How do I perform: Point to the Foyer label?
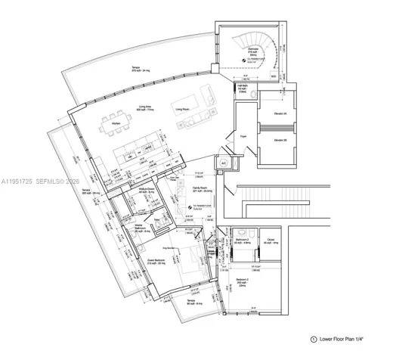click(x=244, y=137)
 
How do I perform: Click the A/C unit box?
click(x=224, y=162)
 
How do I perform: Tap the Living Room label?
click(x=182, y=109)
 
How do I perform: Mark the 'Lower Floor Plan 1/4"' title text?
click(x=345, y=340)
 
